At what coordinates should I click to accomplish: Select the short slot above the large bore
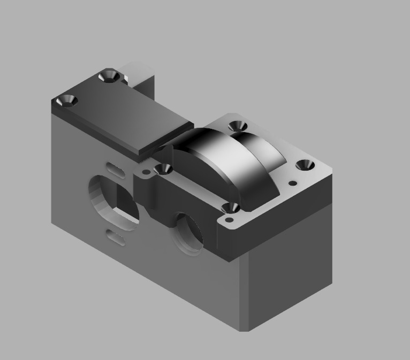(114, 168)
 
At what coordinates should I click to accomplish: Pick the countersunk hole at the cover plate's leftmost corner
(68, 100)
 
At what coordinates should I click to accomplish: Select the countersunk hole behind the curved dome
(237, 127)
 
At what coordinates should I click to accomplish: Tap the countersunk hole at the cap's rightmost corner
(306, 165)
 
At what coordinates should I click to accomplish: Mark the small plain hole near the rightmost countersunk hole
(292, 183)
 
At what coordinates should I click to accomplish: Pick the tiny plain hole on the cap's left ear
(143, 173)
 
